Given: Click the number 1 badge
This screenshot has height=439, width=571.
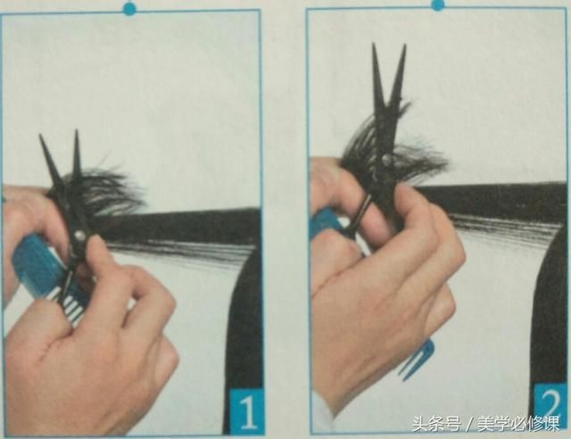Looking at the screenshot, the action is [x=246, y=412].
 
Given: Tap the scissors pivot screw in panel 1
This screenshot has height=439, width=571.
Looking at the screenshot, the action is [x=79, y=236].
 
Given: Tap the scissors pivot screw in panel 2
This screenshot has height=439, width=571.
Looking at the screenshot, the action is [x=387, y=158].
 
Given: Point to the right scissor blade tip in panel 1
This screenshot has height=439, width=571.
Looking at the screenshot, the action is [x=77, y=131].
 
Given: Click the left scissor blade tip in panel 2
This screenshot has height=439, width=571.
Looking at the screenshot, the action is [x=373, y=45].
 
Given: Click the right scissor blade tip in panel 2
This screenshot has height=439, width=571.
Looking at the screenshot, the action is [x=404, y=46].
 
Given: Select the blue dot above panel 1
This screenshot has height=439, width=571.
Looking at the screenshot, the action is [x=129, y=8].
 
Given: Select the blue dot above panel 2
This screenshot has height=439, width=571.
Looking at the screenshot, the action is [x=437, y=4].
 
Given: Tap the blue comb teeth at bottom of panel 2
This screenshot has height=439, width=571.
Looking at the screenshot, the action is [x=415, y=357].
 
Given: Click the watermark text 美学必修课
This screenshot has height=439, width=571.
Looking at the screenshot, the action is [x=518, y=425].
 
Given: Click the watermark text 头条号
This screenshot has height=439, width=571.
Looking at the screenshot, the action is [x=436, y=425].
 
